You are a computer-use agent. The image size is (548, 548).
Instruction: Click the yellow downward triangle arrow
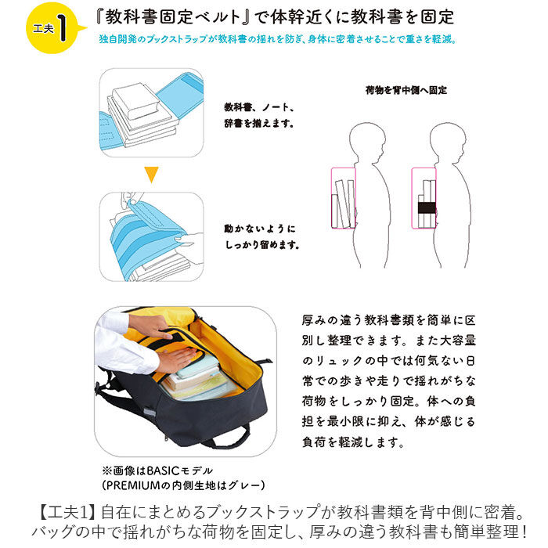(x=151, y=175)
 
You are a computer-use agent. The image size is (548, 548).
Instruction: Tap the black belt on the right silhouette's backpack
(x=426, y=208)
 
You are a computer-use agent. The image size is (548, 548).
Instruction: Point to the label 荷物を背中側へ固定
(x=406, y=90)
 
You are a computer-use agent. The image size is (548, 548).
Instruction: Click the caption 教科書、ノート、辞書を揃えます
(x=259, y=114)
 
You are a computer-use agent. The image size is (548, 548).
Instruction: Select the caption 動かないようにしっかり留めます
(x=261, y=236)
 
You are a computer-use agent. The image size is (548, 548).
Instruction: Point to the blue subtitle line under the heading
(x=277, y=39)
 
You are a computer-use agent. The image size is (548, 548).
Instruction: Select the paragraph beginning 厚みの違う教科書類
(x=388, y=381)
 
